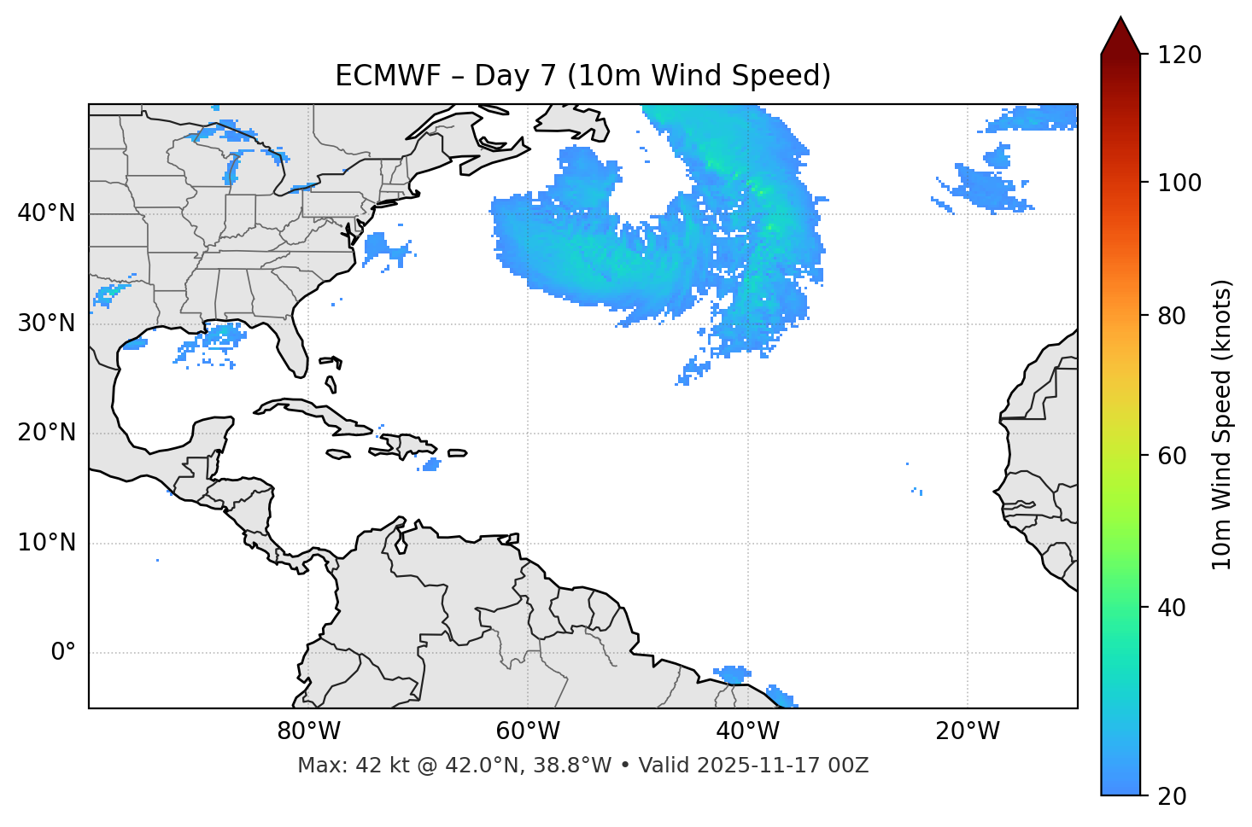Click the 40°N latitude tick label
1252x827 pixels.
click(46, 213)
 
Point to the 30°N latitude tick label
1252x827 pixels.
click(46, 323)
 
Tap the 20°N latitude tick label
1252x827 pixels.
click(46, 433)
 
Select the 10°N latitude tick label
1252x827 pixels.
click(46, 543)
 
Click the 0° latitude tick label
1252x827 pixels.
click(63, 653)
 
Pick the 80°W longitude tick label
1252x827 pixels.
click(308, 731)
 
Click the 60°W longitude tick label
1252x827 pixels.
click(528, 731)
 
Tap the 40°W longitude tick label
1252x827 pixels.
click(747, 731)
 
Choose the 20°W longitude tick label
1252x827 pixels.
click(968, 731)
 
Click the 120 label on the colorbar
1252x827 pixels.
click(1179, 55)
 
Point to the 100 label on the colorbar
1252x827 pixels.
click(1179, 183)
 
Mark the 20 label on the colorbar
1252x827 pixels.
click(1173, 796)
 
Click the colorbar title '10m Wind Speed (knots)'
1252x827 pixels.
click(1222, 424)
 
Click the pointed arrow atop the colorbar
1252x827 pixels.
click(1120, 36)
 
